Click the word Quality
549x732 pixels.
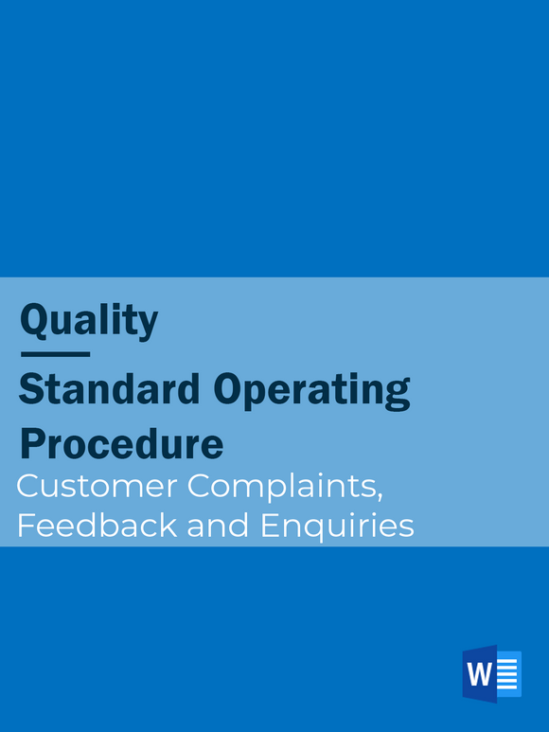click(x=89, y=320)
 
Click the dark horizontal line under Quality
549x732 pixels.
click(x=55, y=354)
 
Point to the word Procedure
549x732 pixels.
click(x=121, y=444)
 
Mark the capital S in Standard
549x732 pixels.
click(x=31, y=390)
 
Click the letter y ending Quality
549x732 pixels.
click(x=148, y=324)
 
